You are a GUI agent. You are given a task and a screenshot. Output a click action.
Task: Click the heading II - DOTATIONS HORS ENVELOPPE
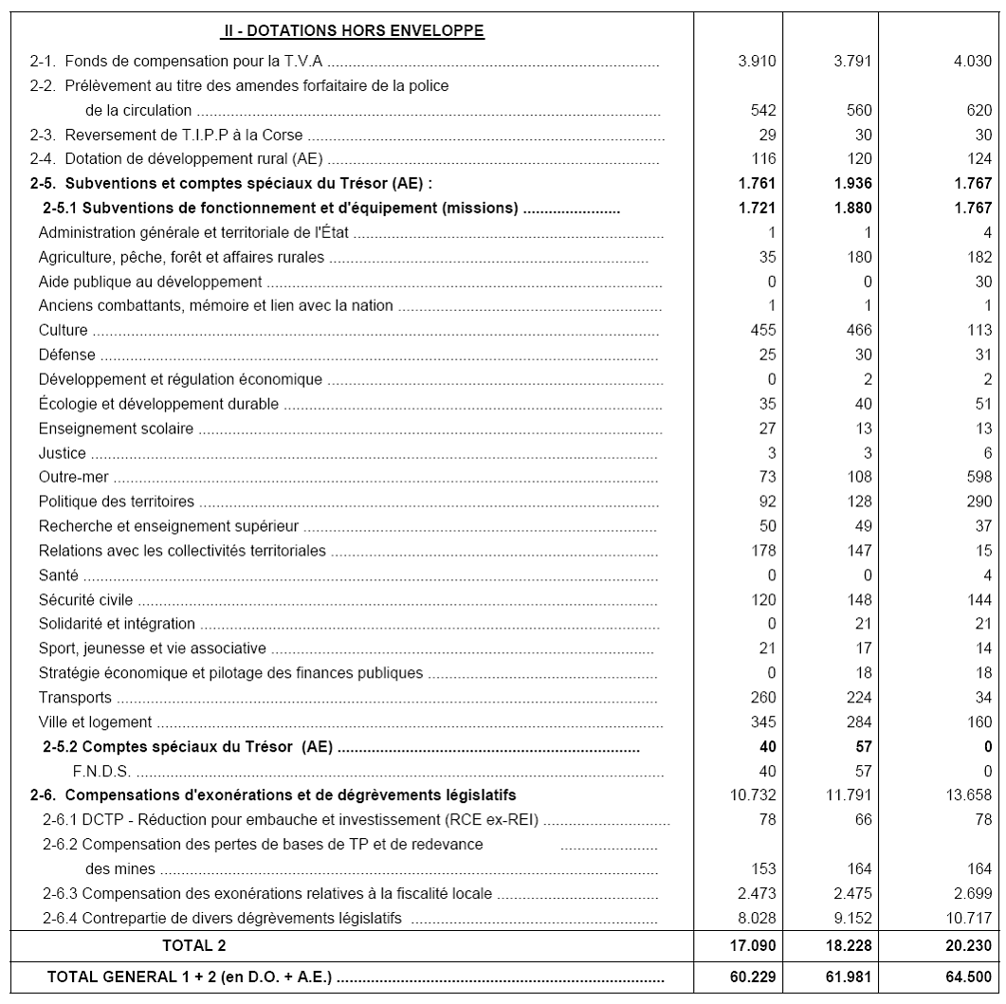(x=353, y=32)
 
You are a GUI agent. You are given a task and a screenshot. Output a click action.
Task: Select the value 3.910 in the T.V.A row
(x=757, y=62)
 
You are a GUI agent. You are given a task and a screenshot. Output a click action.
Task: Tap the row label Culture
(x=64, y=330)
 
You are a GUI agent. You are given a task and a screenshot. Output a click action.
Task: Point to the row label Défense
(x=67, y=355)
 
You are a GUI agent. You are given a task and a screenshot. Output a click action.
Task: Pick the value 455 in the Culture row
(x=763, y=330)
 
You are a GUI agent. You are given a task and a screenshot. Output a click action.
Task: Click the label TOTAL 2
(x=193, y=945)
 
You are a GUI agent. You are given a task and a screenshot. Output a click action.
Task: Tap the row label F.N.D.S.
(x=101, y=771)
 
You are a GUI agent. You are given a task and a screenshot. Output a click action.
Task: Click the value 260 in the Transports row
(x=763, y=698)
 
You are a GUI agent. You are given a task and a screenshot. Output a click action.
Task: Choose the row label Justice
(x=63, y=453)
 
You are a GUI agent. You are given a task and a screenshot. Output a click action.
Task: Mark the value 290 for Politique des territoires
(x=979, y=502)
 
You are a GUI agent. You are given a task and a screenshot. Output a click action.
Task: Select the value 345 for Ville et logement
(x=763, y=722)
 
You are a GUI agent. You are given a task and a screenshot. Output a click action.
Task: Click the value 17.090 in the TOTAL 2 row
(x=756, y=945)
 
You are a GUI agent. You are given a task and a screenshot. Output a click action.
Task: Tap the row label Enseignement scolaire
(x=116, y=429)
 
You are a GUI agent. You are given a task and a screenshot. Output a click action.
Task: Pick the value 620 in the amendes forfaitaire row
(x=979, y=111)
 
